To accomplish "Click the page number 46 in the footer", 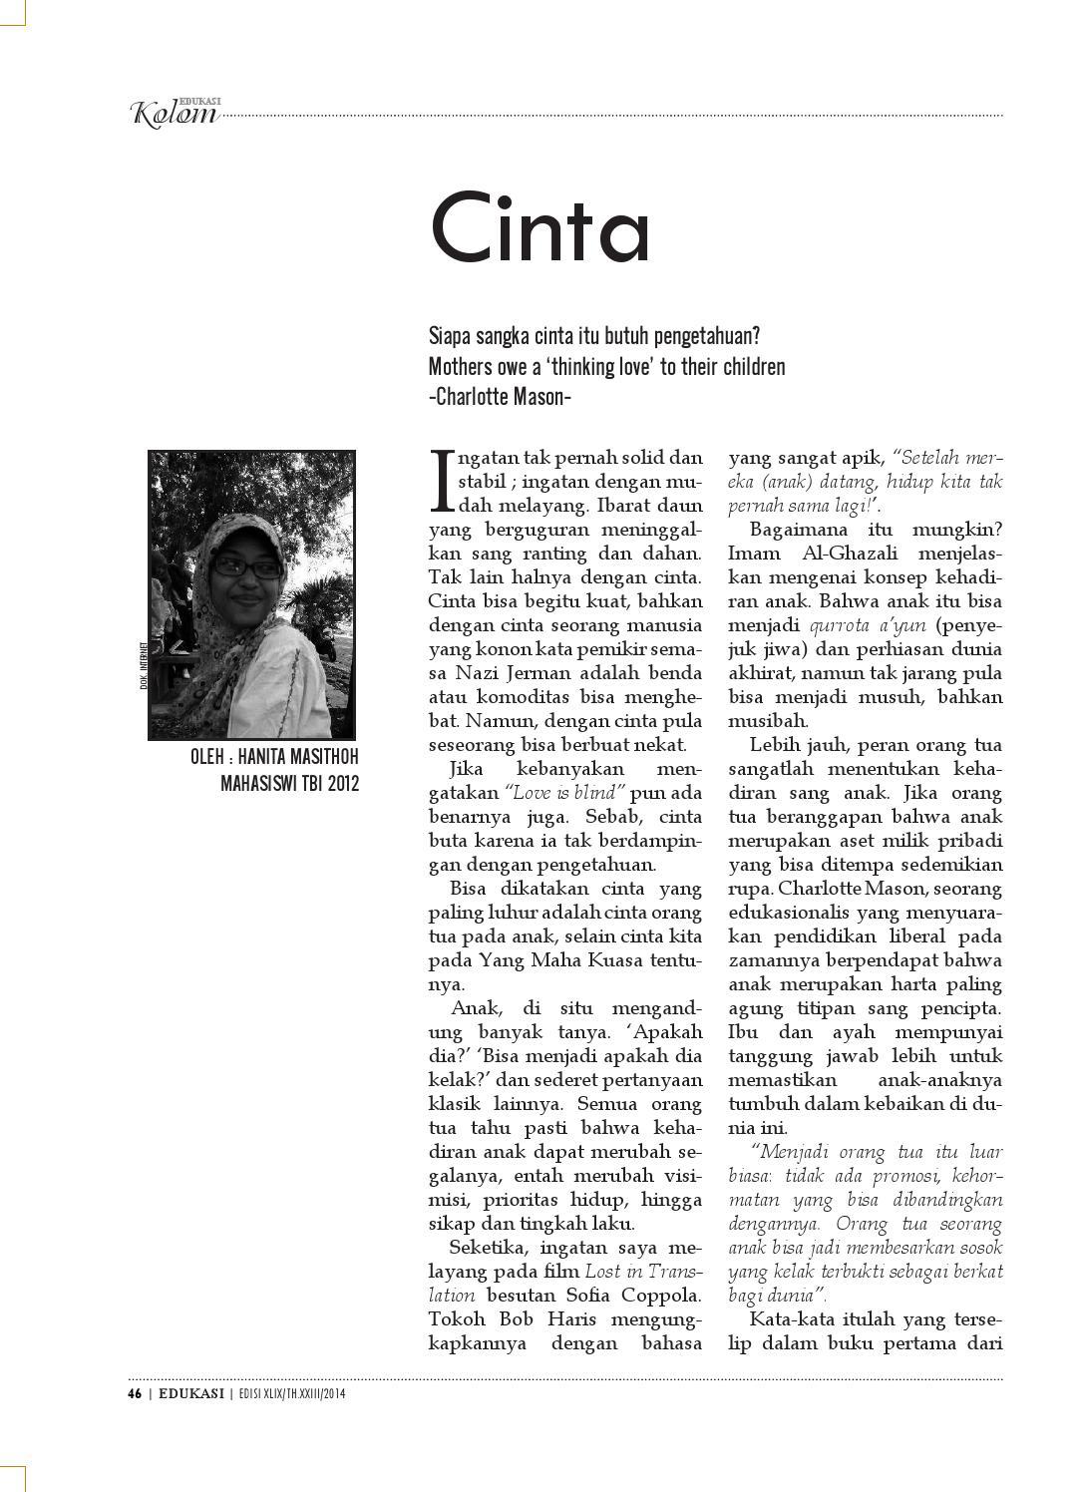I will [133, 1394].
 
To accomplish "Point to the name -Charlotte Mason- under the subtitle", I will [499, 396].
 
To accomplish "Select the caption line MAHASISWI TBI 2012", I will [289, 783].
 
